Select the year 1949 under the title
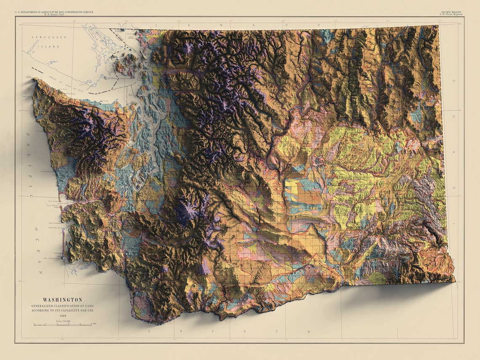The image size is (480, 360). coord(62,315)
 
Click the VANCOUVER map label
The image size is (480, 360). coord(49,37)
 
